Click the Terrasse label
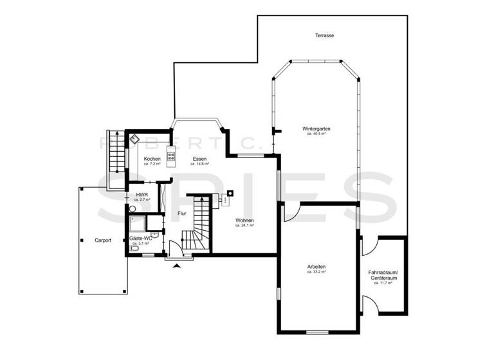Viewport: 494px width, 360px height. [324, 35]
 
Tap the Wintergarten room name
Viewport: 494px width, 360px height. [316, 129]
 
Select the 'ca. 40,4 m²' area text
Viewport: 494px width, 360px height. [316, 134]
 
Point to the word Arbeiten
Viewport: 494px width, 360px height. [316, 267]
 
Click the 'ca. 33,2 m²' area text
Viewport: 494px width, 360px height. [316, 272]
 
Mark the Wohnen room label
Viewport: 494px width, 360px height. [244, 221]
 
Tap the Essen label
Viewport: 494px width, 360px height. [199, 159]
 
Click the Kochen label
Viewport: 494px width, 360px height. [152, 159]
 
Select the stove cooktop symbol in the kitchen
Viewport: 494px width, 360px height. [171, 155]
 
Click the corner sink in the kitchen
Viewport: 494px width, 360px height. [135, 138]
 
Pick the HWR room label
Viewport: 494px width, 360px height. [140, 195]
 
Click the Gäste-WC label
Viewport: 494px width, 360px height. [140, 239]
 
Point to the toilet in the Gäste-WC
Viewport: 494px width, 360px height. [133, 248]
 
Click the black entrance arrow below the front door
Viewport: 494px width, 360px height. [178, 265]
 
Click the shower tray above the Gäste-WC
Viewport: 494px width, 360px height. [136, 224]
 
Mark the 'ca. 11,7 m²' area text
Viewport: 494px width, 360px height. [384, 283]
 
